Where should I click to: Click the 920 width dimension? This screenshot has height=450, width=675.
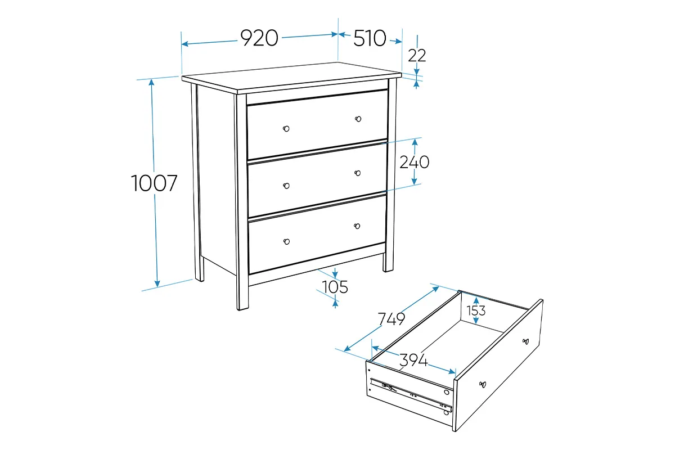point(259,38)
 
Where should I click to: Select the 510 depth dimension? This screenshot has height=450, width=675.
point(370,38)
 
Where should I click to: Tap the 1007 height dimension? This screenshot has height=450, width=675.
point(154,183)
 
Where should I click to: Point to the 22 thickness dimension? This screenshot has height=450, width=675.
point(417,56)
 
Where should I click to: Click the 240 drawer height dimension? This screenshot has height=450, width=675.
point(415,162)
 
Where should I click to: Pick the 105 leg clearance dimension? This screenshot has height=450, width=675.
point(335,287)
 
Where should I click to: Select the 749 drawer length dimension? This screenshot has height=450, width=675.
point(391,319)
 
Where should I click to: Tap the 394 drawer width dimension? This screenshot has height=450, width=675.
point(413,360)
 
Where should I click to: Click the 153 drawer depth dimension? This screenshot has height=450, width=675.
point(476,310)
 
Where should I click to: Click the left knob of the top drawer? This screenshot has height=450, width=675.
point(286,129)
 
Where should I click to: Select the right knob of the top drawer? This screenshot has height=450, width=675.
point(358,119)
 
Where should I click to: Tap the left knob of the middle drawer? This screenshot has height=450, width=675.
point(286,186)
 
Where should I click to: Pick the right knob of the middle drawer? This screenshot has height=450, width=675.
point(358,173)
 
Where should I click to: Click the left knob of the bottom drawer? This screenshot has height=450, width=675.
point(286,242)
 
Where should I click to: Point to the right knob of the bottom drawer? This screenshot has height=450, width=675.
point(357,226)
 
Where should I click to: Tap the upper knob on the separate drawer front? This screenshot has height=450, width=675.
point(525,341)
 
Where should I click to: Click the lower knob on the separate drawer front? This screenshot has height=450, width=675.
point(483,385)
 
